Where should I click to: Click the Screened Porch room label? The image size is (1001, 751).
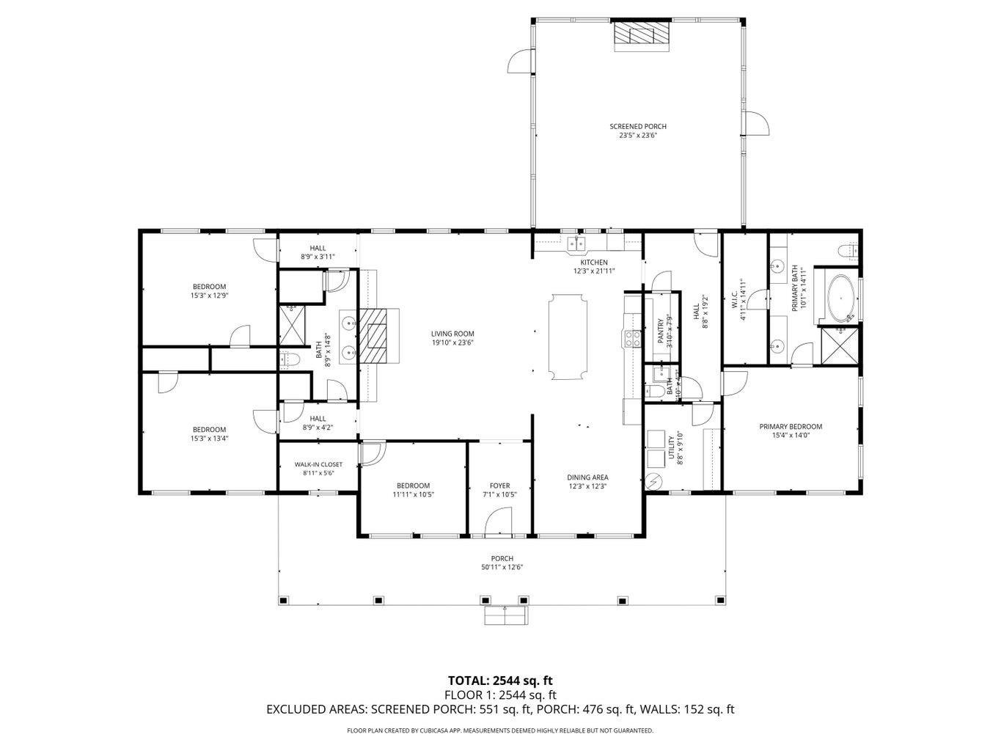click(637, 126)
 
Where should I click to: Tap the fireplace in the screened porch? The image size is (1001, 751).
click(642, 34)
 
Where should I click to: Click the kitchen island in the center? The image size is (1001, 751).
click(568, 337)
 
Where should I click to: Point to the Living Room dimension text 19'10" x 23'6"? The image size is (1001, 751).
click(452, 342)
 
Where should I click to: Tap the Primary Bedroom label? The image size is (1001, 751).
click(790, 426)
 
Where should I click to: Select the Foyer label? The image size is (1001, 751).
click(499, 486)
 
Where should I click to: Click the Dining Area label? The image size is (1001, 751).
click(588, 477)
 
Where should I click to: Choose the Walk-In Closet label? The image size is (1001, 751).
click(318, 464)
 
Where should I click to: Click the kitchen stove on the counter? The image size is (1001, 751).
click(630, 338)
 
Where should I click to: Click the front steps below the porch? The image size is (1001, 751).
click(505, 616)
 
